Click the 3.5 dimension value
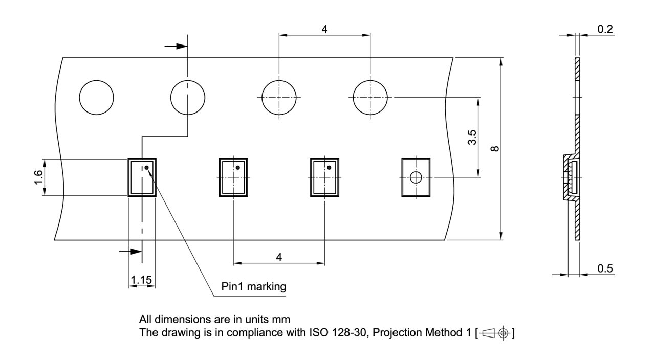click(472, 138)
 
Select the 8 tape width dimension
click(494, 149)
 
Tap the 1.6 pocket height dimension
click(38, 177)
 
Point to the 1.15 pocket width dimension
click(142, 280)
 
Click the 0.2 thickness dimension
click(605, 29)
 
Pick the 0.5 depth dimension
click(605, 268)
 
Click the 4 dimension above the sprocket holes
click(324, 29)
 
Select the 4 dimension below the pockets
click(279, 257)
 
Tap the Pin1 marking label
click(253, 286)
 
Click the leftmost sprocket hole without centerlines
click(97, 98)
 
